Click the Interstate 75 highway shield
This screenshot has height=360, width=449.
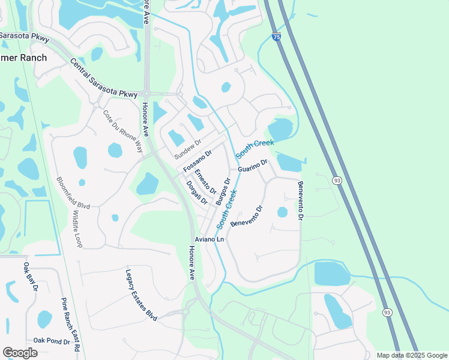click(276, 37)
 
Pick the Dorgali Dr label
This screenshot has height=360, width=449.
click(196, 193)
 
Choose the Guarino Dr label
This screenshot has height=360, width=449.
click(252, 166)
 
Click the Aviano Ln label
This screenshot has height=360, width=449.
click(209, 239)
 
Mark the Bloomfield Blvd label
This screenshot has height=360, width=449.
click(73, 192)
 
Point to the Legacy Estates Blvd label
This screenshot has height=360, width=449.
click(141, 294)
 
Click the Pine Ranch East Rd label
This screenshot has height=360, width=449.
click(70, 325)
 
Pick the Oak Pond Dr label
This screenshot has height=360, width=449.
click(52, 341)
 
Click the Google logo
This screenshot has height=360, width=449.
click(20, 353)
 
